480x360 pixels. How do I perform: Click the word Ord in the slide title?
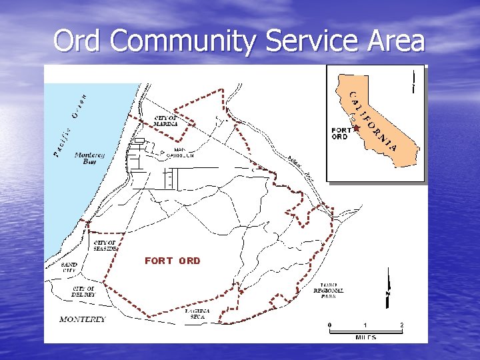(x=79, y=41)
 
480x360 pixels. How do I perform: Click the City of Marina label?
(x=165, y=121)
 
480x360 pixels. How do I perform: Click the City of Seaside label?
(x=106, y=245)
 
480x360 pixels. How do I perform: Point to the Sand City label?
(x=69, y=267)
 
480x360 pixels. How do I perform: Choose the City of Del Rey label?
(x=84, y=291)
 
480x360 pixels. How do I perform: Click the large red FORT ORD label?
(x=172, y=261)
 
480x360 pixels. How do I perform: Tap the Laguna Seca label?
(x=197, y=313)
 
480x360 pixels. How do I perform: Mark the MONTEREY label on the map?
(x=82, y=319)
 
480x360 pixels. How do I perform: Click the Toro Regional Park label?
(x=329, y=290)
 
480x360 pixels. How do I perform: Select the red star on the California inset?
(x=356, y=128)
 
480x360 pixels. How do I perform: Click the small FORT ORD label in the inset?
(x=340, y=133)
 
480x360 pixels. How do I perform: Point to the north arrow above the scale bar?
(x=387, y=283)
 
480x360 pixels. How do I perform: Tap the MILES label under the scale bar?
(x=365, y=337)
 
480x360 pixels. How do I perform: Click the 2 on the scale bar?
(x=401, y=325)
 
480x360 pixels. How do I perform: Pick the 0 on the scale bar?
(x=329, y=325)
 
